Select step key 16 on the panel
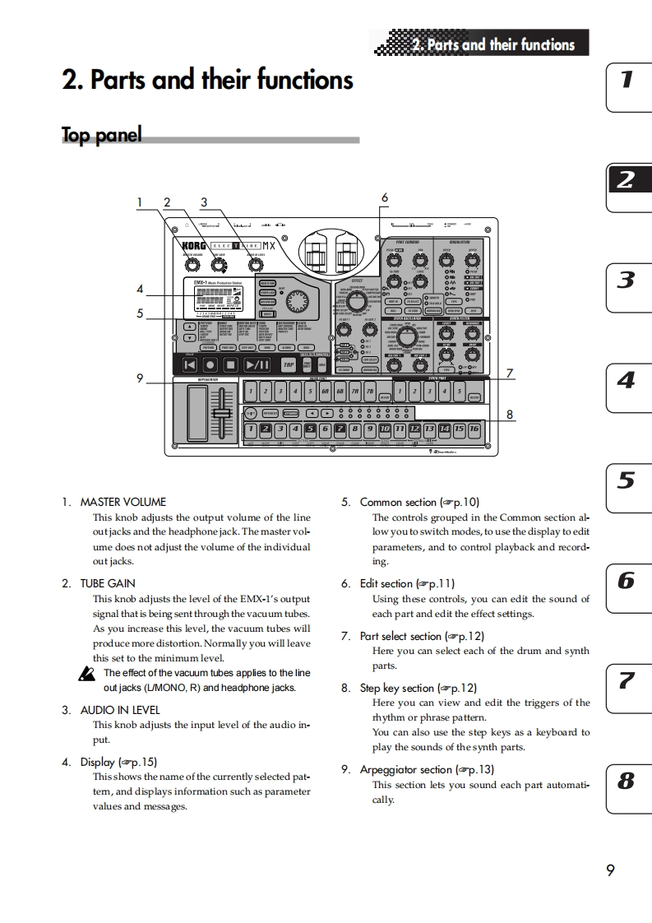(474, 429)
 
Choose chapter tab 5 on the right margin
(627, 481)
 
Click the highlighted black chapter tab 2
(627, 180)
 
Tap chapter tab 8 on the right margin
(627, 781)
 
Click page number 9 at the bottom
(610, 870)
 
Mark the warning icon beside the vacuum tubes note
(86, 674)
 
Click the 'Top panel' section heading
(102, 135)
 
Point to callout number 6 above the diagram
(384, 197)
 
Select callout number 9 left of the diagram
(141, 378)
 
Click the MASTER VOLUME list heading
(123, 502)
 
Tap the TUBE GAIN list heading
(108, 583)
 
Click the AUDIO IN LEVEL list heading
(120, 710)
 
